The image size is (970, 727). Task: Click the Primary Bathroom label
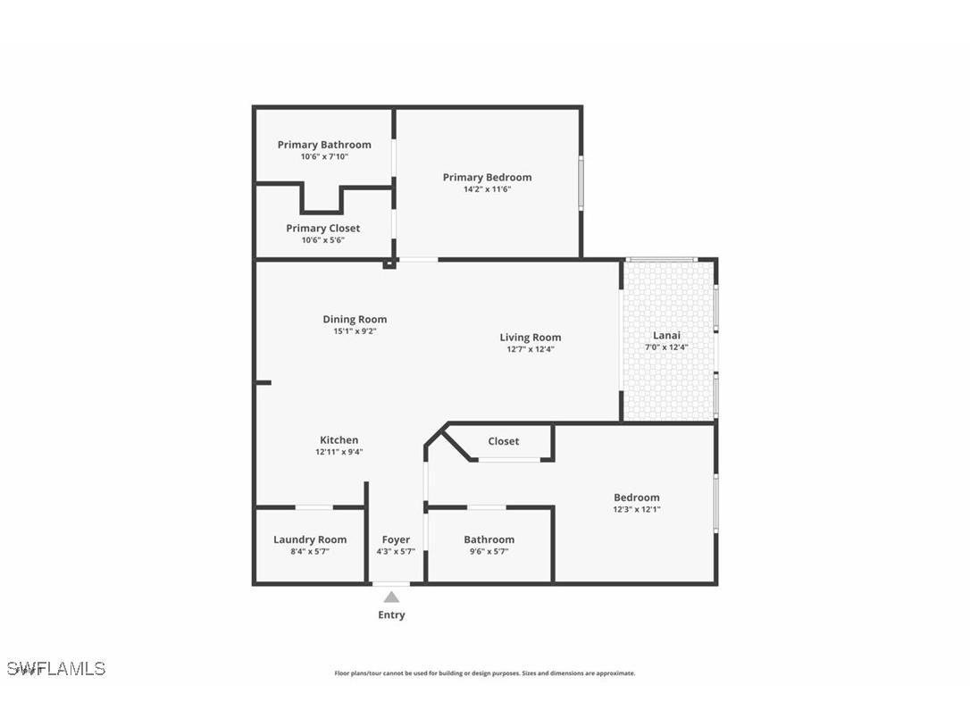point(323,145)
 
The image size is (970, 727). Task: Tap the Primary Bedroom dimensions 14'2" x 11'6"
point(487,189)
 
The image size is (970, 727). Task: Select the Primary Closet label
point(322,228)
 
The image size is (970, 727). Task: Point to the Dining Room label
point(355,319)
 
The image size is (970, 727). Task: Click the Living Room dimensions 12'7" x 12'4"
point(530,349)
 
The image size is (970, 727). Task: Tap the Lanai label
point(666,336)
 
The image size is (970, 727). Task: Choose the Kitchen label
point(339,439)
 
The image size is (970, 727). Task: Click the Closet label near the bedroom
point(503,441)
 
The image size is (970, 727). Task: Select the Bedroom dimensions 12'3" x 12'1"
point(636,509)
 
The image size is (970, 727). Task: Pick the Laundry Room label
point(309,539)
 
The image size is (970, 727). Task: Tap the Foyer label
point(396,539)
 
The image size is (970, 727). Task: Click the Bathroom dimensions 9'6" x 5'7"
point(489,552)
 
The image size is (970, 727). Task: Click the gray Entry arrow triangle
point(391,597)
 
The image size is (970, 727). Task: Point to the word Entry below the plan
point(391,614)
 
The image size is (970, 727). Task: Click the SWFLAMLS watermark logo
point(55,668)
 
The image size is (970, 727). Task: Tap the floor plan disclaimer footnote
point(484,673)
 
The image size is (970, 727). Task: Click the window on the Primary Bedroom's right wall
point(581,183)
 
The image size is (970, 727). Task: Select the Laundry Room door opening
point(314,507)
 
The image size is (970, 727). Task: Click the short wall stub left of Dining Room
point(263,382)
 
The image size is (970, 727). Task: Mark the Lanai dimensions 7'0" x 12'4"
point(666,347)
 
